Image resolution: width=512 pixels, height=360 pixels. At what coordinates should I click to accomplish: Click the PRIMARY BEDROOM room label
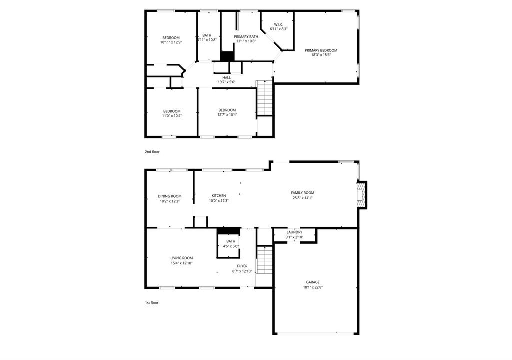tap(321, 50)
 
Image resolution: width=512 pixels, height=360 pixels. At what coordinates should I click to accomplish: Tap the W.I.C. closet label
tap(278, 25)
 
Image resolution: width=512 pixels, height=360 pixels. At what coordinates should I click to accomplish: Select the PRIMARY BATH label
tap(246, 37)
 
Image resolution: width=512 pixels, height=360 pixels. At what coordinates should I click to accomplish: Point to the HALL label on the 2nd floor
tap(226, 77)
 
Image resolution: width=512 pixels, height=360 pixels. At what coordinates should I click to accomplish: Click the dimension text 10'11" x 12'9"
tap(171, 42)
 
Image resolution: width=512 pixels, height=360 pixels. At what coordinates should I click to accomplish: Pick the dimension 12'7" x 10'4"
tap(227, 115)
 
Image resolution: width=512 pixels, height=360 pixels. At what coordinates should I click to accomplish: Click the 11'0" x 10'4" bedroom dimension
tap(172, 115)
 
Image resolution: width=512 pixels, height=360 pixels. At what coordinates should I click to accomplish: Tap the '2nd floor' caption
tap(152, 152)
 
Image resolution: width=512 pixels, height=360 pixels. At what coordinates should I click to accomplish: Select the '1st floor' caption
tap(152, 303)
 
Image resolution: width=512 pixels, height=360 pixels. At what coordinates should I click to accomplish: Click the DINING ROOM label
tap(170, 196)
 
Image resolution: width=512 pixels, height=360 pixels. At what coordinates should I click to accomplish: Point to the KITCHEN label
tap(219, 196)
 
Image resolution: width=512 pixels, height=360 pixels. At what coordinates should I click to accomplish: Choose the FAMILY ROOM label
tap(302, 193)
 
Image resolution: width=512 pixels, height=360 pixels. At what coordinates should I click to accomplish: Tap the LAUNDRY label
tap(294, 232)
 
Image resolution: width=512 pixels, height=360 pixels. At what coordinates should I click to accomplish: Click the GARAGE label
tap(313, 282)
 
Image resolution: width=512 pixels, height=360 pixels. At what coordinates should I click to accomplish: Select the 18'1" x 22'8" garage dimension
tap(313, 288)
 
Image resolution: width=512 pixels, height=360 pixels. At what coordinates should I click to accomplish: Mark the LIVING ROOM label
tap(182, 258)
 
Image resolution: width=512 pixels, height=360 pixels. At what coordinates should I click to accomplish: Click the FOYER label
tap(242, 266)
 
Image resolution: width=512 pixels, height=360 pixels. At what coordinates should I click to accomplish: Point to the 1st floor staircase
tap(264, 260)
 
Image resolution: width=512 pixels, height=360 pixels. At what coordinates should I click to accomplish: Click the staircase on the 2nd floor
tap(264, 97)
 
